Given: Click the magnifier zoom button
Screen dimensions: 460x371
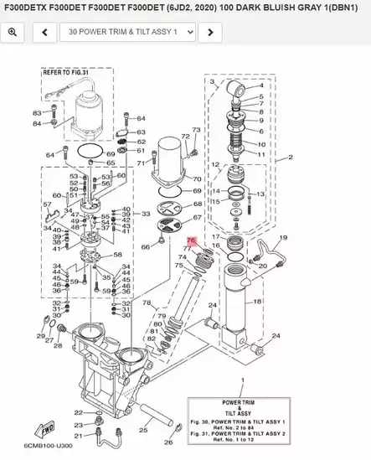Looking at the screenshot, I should [13, 33].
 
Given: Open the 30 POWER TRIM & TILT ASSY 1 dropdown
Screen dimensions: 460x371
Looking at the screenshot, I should [126, 33].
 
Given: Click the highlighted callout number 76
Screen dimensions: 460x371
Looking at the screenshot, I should [191, 240].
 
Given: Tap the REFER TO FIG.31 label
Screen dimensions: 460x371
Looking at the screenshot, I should [65, 74].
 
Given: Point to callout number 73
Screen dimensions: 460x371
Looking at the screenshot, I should [196, 130].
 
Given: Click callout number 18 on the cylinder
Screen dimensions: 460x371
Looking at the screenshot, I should [257, 301].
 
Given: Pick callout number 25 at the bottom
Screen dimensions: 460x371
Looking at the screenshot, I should [143, 431].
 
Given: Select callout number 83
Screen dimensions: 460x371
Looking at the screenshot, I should [37, 113].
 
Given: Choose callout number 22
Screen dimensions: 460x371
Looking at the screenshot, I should [78, 412].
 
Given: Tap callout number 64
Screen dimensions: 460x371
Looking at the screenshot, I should [50, 155].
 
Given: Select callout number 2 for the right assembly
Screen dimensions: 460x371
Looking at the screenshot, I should [290, 158].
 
